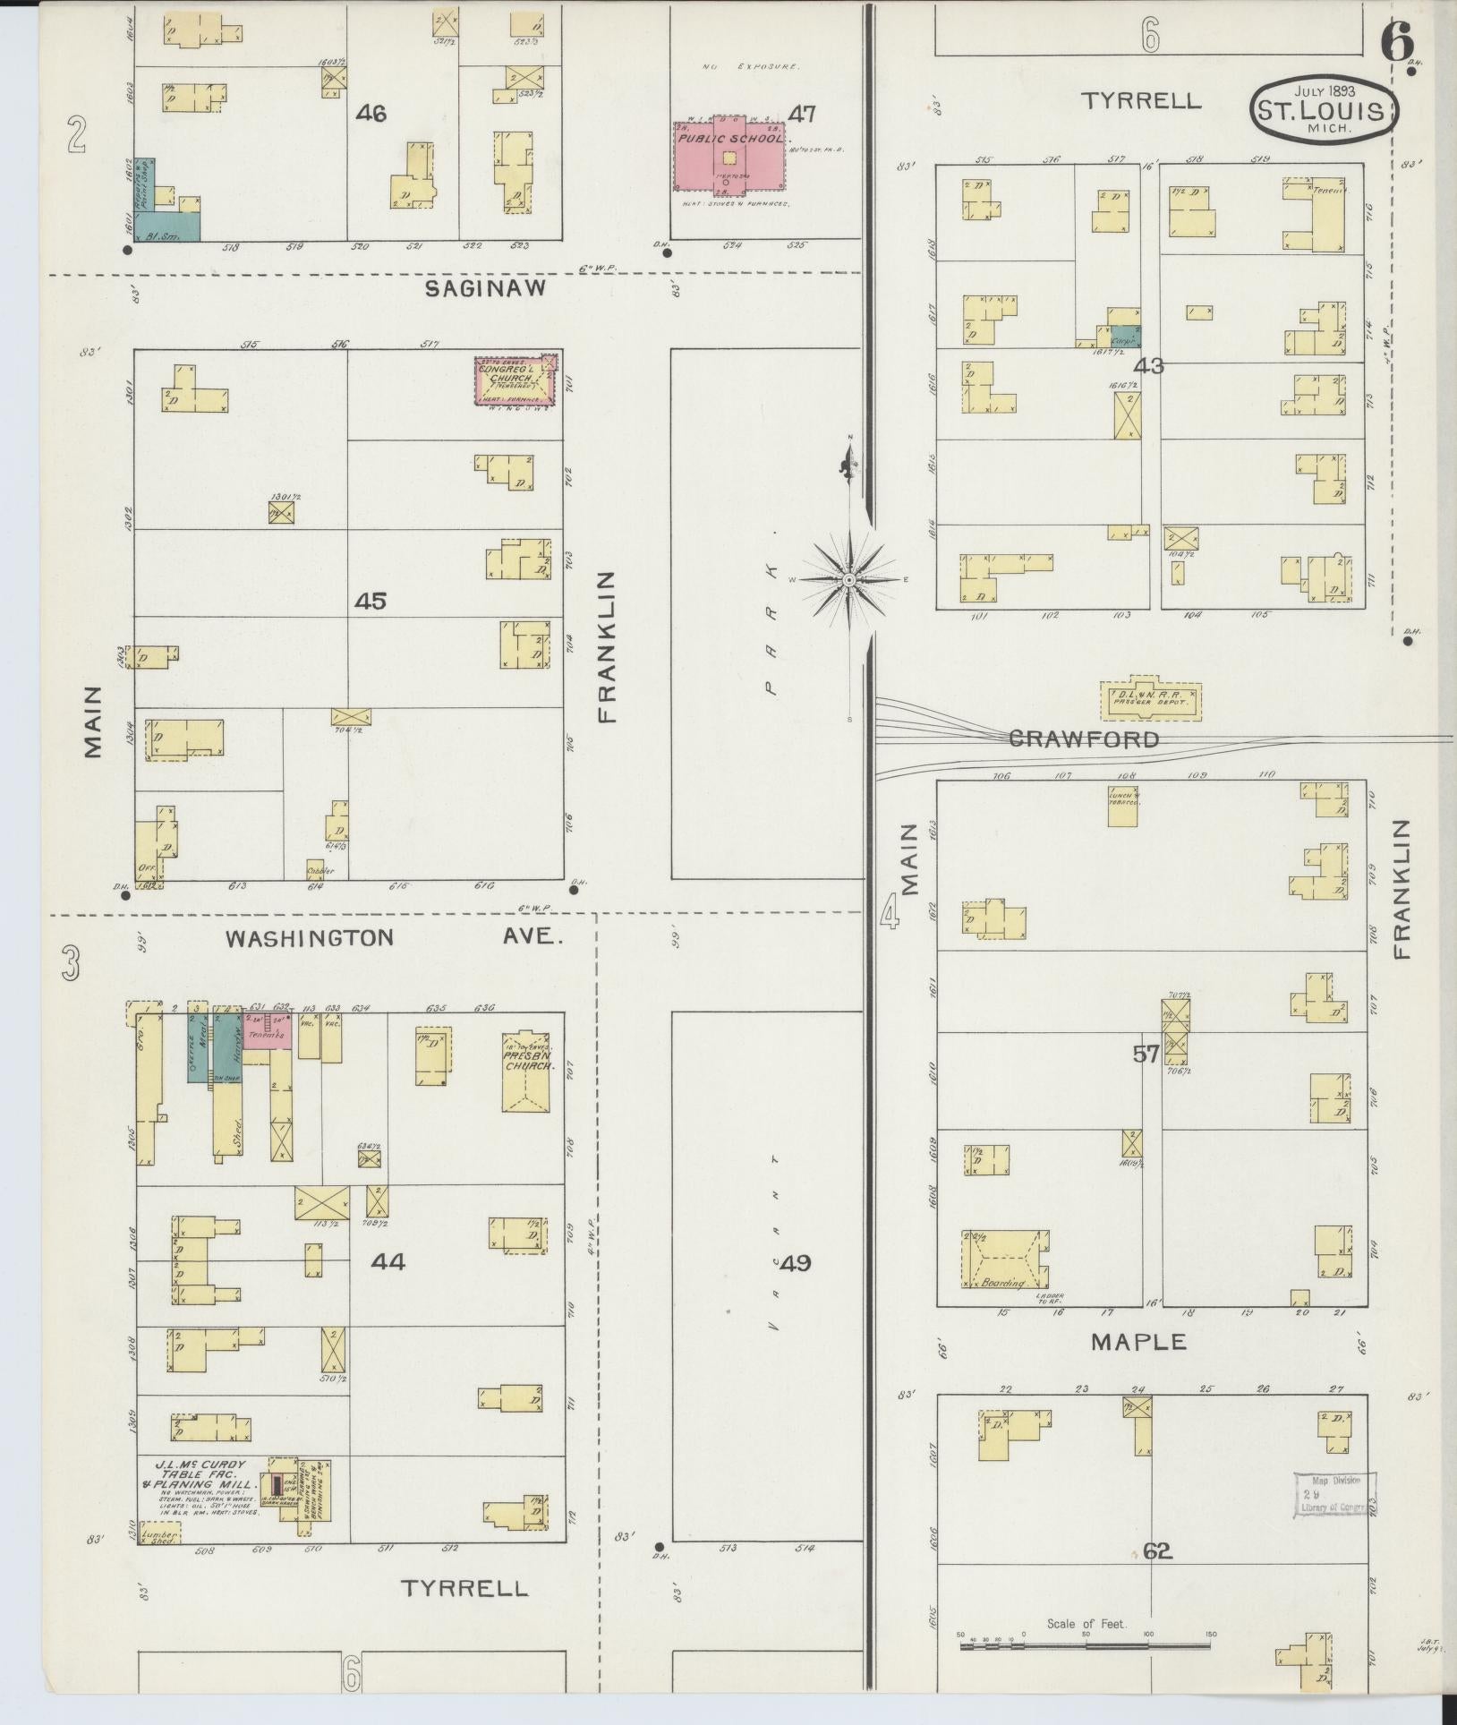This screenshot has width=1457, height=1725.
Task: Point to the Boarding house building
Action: point(1004,1260)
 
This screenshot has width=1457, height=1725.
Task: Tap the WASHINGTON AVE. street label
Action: point(394,938)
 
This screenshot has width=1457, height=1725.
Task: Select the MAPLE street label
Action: point(1138,1341)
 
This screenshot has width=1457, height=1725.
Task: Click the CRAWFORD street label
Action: point(1084,739)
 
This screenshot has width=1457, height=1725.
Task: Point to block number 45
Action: point(370,601)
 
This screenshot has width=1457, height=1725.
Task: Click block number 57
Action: point(1146,1055)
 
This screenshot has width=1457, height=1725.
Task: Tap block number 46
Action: point(371,114)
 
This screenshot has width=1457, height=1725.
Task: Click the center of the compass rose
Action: point(849,580)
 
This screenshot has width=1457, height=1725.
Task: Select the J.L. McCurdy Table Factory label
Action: point(200,1484)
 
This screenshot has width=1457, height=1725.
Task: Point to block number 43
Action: point(1149,366)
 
